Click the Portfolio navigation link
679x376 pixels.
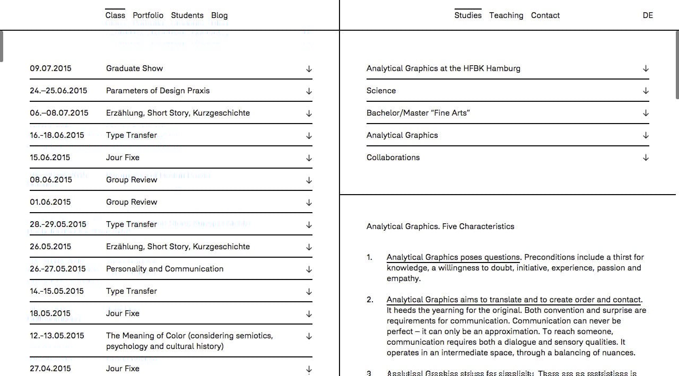tap(148, 15)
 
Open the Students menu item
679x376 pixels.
tap(187, 15)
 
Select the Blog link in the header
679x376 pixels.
tap(219, 15)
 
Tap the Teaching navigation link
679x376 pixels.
tap(506, 15)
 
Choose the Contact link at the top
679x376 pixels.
tap(545, 15)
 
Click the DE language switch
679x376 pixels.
tap(648, 15)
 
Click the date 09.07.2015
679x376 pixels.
tap(50, 68)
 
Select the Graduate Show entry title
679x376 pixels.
tap(134, 68)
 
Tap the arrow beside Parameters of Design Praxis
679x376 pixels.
tap(309, 91)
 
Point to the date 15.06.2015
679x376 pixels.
tap(50, 158)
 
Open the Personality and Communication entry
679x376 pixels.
tap(164, 269)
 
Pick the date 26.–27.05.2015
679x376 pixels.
tap(57, 269)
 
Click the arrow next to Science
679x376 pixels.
tap(646, 91)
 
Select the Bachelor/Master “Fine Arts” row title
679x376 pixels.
tap(418, 113)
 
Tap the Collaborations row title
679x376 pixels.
tap(393, 158)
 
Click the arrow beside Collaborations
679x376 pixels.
tap(646, 158)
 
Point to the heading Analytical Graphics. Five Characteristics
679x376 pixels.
tap(440, 226)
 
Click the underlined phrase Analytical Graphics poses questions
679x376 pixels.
tap(454, 257)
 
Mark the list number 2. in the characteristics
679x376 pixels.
tap(369, 300)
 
